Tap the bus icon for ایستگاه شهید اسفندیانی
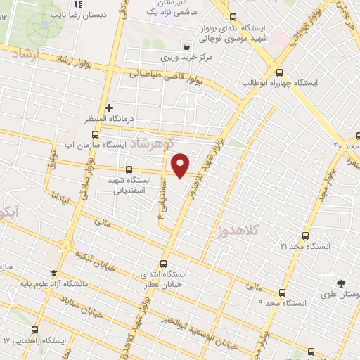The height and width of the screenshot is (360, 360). [x=128, y=169]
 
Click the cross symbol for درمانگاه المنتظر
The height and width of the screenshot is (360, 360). [x=109, y=107]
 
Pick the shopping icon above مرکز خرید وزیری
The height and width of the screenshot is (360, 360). [x=185, y=44]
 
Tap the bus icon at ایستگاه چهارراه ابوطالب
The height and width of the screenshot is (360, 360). [x=280, y=72]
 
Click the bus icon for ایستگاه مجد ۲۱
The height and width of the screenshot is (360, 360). [x=304, y=236]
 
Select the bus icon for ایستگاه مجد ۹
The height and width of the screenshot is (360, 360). [x=282, y=292]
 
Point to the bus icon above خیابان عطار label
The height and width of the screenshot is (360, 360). [x=165, y=263]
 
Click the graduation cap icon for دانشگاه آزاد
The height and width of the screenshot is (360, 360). [x=53, y=274]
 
